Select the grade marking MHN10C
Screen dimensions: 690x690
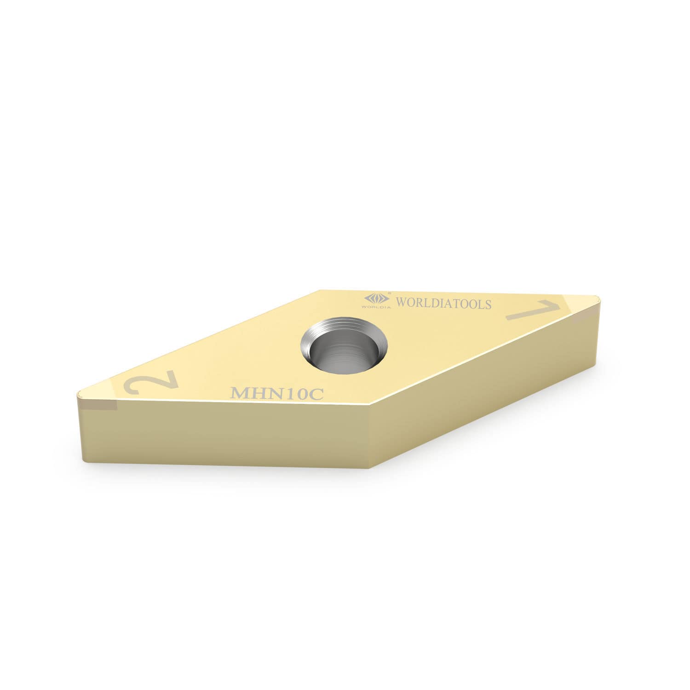click(277, 393)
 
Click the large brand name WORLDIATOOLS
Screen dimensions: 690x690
click(437, 304)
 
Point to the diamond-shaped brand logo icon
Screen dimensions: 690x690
click(376, 298)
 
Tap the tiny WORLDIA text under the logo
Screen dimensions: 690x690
click(376, 306)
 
